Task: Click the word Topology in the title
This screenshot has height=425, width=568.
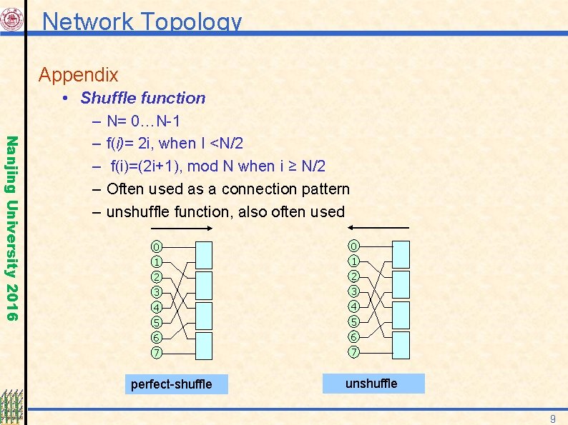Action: tap(192, 21)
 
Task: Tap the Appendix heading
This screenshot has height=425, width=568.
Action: tap(78, 74)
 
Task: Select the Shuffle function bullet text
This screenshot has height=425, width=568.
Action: tap(142, 98)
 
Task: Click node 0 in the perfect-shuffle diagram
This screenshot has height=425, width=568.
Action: tap(156, 246)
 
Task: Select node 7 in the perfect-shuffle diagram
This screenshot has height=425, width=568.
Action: tap(156, 352)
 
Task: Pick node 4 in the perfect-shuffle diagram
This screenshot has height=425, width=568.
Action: tap(156, 307)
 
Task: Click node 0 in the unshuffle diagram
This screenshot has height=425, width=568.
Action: tap(353, 246)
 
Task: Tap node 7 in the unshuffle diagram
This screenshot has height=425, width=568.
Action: tap(353, 352)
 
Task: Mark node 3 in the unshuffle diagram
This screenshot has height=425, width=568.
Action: tap(353, 291)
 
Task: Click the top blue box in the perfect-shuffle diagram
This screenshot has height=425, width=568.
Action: tap(204, 254)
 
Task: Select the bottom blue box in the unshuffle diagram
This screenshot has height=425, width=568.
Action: tap(401, 344)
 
